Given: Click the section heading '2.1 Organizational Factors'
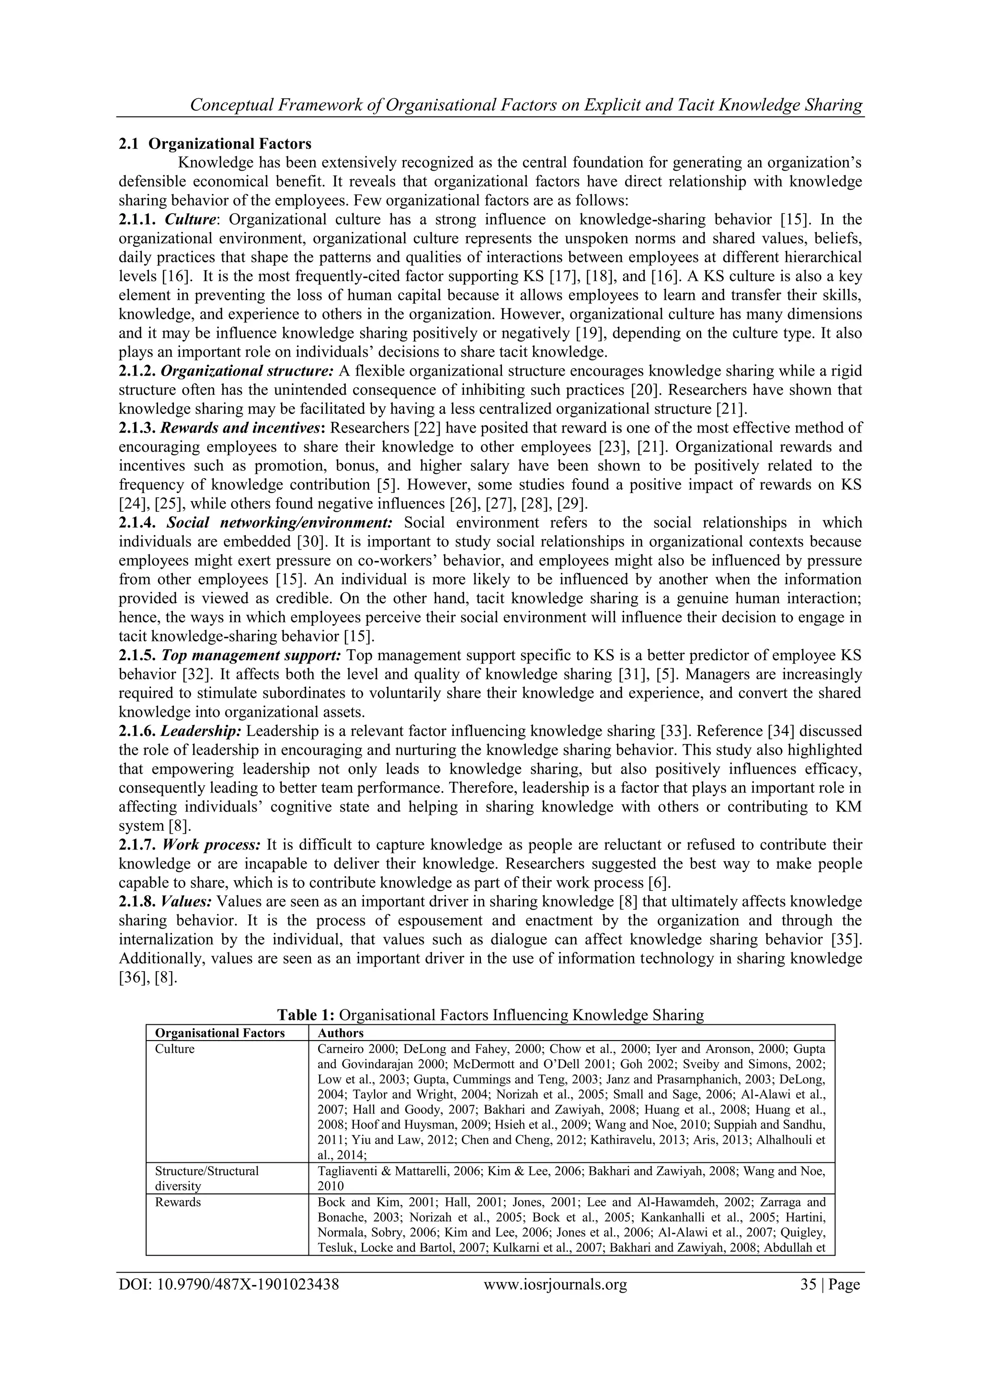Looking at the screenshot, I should pyautogui.click(x=215, y=144).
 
